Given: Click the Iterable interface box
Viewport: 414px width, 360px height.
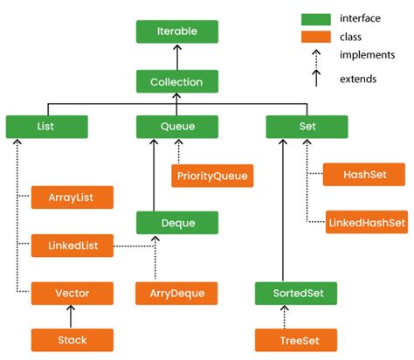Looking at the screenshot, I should tap(176, 31).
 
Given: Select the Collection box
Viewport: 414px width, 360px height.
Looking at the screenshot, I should tap(176, 82).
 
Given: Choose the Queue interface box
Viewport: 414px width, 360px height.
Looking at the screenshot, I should tap(176, 127).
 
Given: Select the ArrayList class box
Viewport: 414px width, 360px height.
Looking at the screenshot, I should tap(72, 197).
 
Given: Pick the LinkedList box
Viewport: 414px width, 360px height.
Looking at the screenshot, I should tap(72, 246).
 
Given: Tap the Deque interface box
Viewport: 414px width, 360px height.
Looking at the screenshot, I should tap(176, 223).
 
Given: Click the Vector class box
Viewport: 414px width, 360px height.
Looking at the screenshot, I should tap(72, 293).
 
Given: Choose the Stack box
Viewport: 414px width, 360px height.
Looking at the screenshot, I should tap(72, 339).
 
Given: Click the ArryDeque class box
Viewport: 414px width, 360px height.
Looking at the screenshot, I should tap(176, 293).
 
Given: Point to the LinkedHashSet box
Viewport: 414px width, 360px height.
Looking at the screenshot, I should tap(366, 222).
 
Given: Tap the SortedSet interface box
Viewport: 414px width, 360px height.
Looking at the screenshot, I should tap(297, 293).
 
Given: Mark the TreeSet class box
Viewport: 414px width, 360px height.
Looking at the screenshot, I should tap(297, 339).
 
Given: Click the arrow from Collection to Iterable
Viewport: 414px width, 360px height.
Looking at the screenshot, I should tap(176, 57).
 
